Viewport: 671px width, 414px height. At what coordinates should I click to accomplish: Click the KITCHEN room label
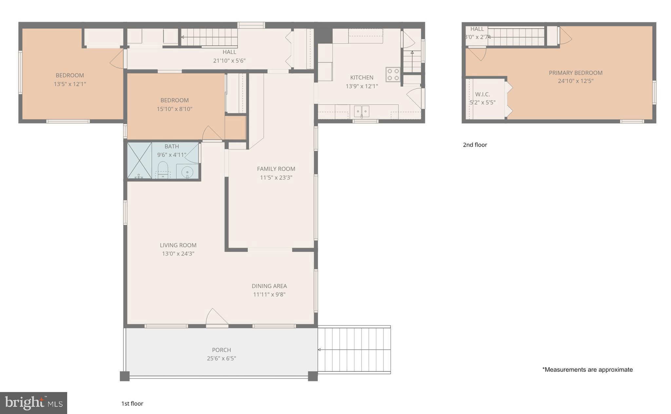[362, 78]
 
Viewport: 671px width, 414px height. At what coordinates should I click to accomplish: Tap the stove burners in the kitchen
[393, 74]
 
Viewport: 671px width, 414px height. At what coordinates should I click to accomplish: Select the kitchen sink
[362, 111]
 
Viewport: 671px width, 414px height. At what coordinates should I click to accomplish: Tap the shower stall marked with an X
[140, 160]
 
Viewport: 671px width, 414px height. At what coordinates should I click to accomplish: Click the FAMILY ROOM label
[276, 169]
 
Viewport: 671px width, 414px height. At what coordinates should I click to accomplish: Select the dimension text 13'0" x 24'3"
[178, 254]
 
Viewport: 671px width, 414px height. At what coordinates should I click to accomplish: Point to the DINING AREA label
[269, 286]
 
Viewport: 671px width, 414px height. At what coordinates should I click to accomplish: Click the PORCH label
[221, 350]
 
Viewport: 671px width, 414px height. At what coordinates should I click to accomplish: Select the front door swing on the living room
[216, 317]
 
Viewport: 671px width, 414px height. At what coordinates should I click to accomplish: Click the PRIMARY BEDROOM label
[576, 73]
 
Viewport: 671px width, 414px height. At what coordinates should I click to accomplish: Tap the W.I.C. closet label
[483, 94]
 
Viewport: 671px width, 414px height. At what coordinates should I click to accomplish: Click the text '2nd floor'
[475, 145]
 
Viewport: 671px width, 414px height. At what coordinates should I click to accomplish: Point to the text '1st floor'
[132, 404]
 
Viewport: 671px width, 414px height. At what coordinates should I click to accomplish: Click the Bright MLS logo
[33, 403]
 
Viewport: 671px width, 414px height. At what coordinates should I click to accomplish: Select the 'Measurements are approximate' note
[587, 370]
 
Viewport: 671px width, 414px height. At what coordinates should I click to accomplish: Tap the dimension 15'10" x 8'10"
[174, 109]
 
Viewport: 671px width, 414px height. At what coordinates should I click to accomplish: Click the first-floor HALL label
[229, 52]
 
